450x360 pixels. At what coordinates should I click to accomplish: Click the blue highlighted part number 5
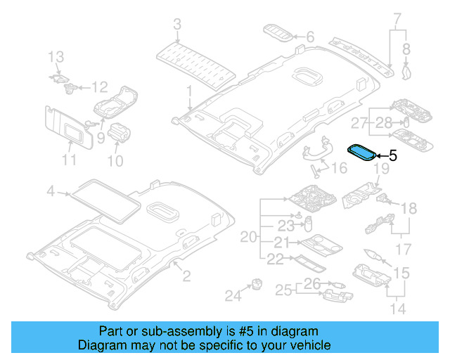pyautogui.click(x=363, y=153)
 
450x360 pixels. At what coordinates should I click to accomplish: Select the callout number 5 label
pyautogui.click(x=392, y=156)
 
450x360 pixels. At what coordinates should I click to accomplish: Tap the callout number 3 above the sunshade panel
pyautogui.click(x=177, y=25)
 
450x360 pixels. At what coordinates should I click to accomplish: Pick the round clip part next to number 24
pyautogui.click(x=254, y=284)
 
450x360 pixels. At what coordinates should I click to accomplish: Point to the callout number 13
pyautogui.click(x=56, y=56)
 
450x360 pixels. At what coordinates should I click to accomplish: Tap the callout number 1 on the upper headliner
pyautogui.click(x=188, y=91)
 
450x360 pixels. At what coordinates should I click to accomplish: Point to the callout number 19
pyautogui.click(x=380, y=169)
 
